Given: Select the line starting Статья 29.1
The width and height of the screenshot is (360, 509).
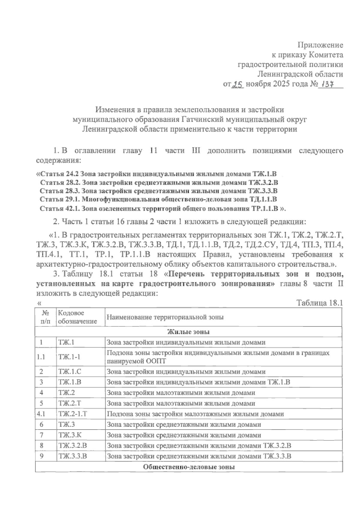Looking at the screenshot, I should [x=158, y=199].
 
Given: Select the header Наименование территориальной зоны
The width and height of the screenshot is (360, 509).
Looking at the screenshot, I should [x=165, y=317].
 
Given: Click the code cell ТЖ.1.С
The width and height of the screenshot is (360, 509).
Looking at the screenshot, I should [x=70, y=372].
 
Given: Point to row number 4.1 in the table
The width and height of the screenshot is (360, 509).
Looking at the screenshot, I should [x=41, y=414].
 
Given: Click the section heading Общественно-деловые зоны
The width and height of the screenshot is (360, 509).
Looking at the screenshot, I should [x=188, y=467].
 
